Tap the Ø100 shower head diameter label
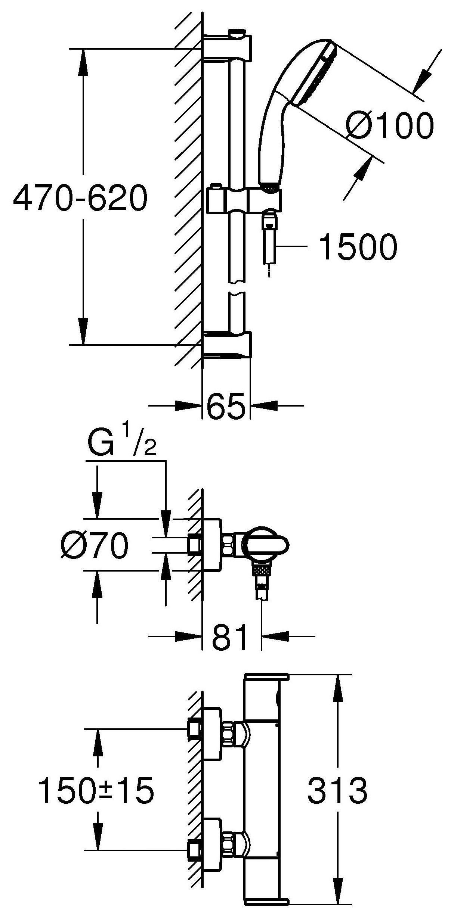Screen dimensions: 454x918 point(389,125)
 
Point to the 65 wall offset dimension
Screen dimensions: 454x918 point(226,405)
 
